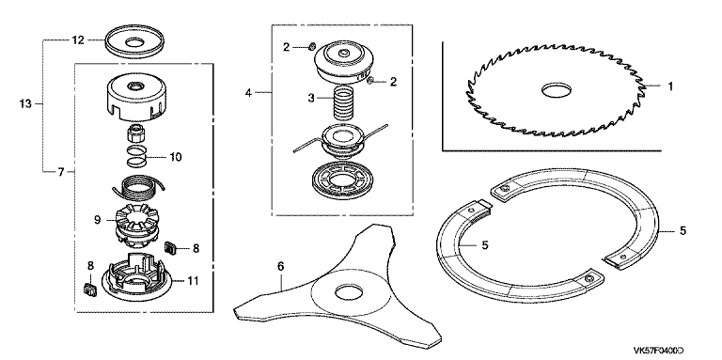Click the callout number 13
25,104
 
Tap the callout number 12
78,40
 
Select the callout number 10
176,157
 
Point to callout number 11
194,280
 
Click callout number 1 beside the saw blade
670,86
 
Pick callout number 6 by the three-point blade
281,266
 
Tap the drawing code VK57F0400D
658,351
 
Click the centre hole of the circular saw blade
556,90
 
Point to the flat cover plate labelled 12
134,43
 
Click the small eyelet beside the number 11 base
88,290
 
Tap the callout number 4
248,92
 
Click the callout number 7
61,172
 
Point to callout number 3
311,98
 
